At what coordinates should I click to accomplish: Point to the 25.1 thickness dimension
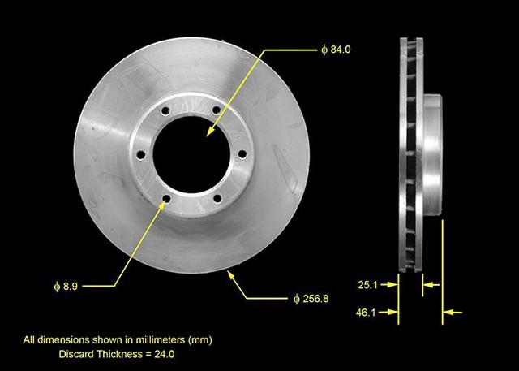(x=367, y=285)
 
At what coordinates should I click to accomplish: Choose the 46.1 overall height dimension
(x=367, y=311)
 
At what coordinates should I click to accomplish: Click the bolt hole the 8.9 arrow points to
(x=167, y=198)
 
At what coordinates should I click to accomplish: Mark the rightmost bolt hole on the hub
(x=242, y=155)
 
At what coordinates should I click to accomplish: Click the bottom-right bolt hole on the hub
(x=217, y=198)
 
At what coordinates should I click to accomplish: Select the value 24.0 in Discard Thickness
(x=165, y=355)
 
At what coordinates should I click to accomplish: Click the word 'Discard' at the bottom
(x=79, y=355)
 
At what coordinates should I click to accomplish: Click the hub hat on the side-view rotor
(x=432, y=154)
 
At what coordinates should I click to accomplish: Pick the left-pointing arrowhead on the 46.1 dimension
(x=448, y=311)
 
